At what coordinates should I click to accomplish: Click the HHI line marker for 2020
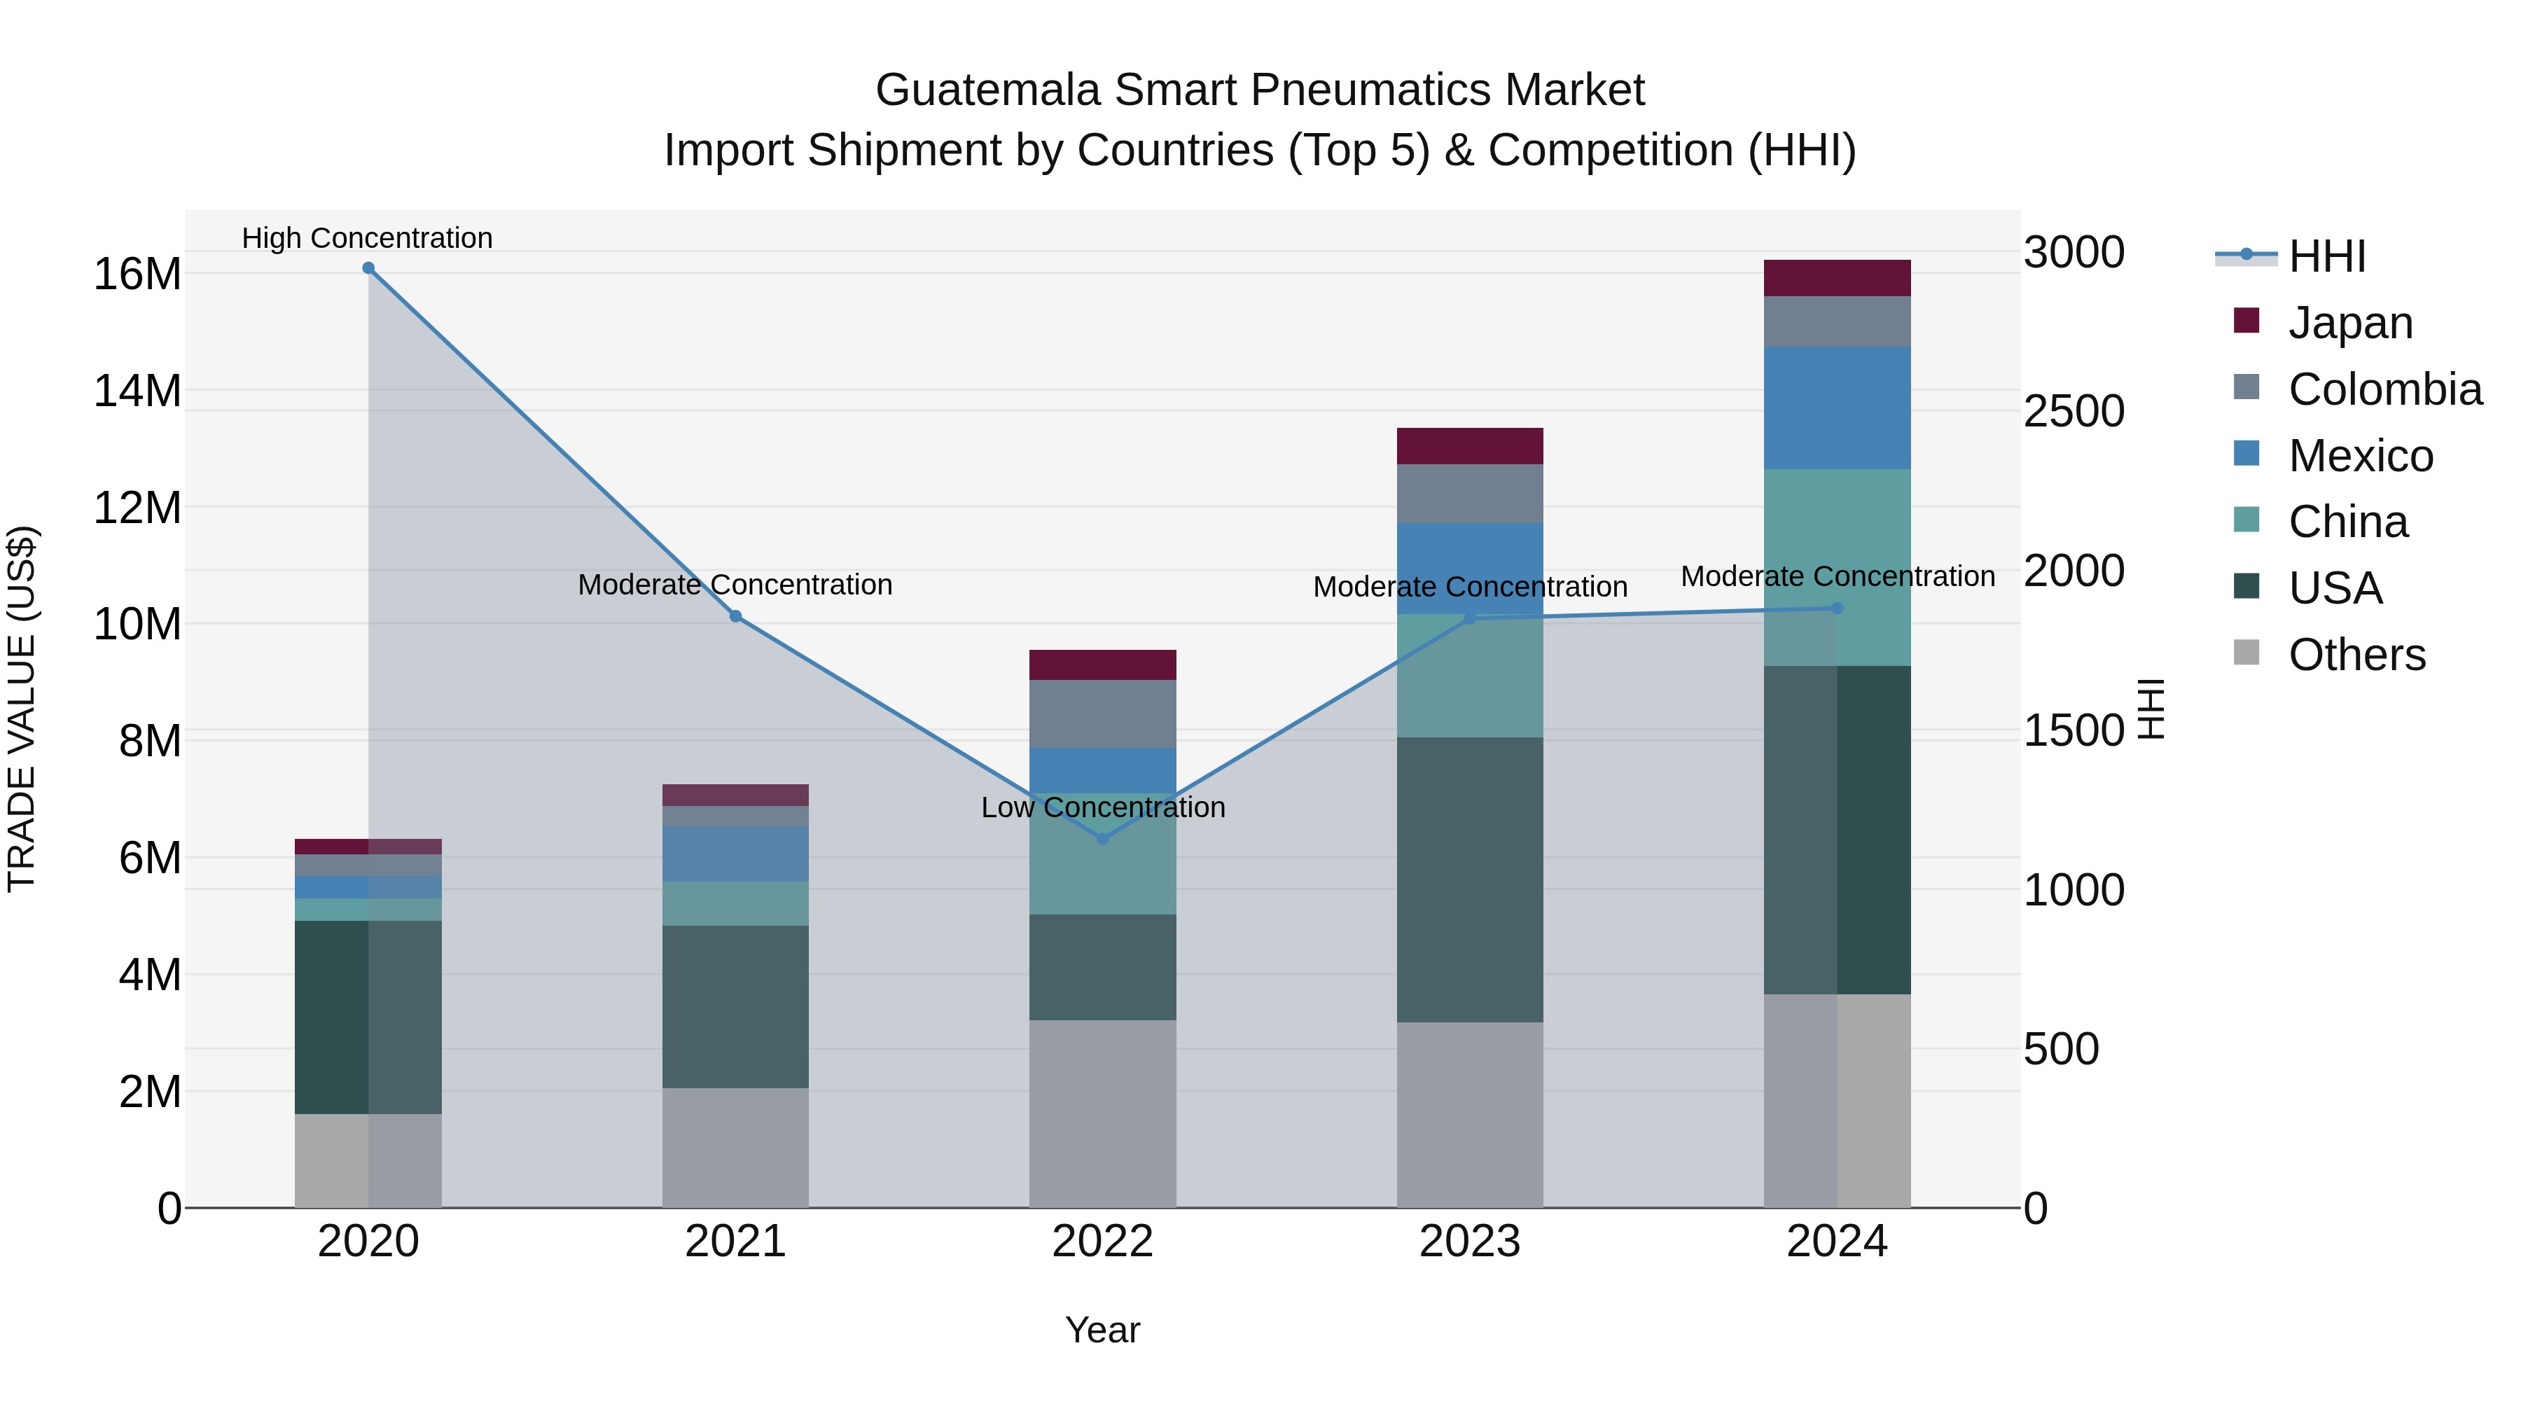coord(368,268)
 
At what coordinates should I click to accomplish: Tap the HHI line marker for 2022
coord(1103,839)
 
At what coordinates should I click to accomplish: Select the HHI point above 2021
coord(736,616)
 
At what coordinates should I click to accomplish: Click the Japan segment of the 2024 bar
coord(1837,278)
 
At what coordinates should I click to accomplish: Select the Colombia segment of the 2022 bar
coord(1103,714)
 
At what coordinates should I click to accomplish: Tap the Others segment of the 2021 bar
coord(736,1147)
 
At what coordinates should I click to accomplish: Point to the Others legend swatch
coord(2247,653)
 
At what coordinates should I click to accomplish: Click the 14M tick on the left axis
coord(137,391)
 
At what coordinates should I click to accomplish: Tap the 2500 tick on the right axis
coord(2074,411)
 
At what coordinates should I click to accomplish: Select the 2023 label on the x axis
coord(1470,1241)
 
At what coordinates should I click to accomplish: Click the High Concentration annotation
coord(367,238)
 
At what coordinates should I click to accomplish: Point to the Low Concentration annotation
coord(1103,807)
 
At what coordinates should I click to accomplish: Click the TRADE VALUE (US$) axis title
coord(22,709)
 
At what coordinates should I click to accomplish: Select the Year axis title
coord(1103,1330)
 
